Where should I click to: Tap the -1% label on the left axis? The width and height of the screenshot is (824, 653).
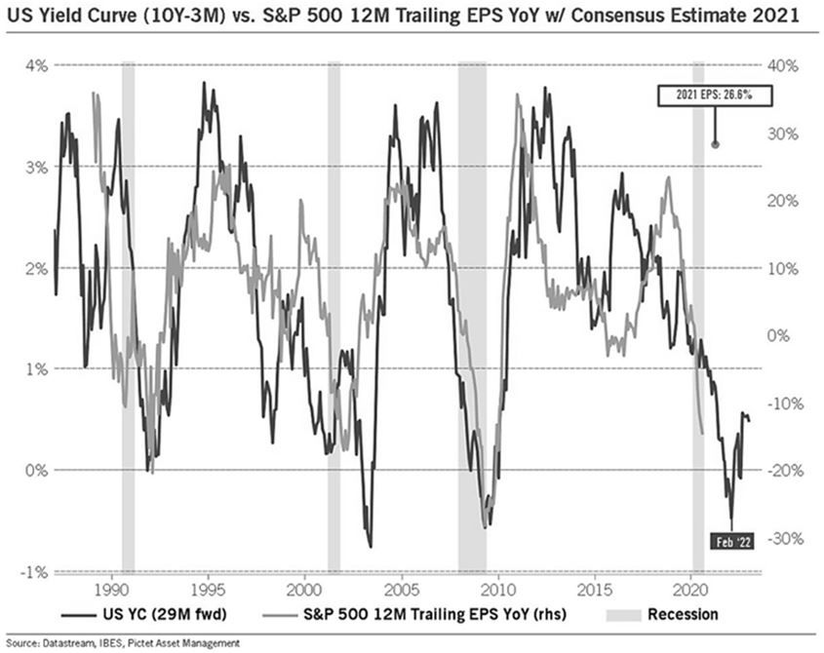[36, 572]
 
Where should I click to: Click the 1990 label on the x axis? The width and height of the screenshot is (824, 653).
[110, 588]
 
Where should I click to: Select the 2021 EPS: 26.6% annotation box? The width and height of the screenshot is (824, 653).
[714, 95]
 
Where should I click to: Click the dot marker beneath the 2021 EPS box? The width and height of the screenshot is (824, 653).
[715, 144]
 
